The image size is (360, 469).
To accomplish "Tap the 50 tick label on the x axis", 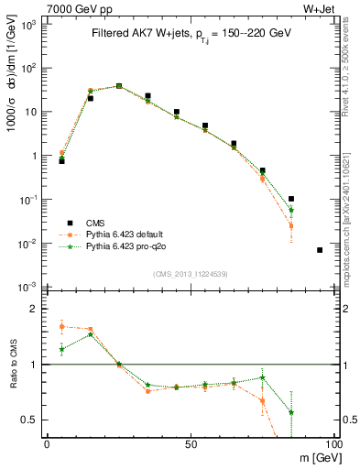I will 190,443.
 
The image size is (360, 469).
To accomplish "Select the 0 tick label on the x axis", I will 47,443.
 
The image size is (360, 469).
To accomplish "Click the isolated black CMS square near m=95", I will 319,250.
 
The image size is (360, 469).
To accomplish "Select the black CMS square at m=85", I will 290,199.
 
